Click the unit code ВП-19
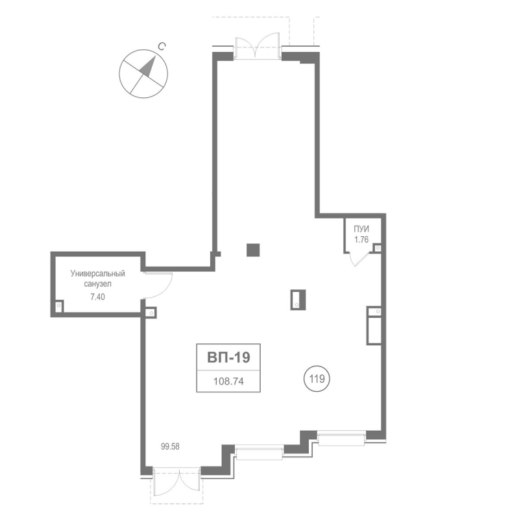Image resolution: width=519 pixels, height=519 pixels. click(228, 357)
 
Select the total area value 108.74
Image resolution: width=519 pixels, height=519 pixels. click(228, 381)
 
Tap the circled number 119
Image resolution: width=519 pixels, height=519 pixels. click(317, 379)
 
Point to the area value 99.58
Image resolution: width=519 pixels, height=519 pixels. click(170, 446)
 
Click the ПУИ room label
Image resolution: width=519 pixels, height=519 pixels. click(361, 229)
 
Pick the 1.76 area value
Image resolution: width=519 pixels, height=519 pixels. click(361, 239)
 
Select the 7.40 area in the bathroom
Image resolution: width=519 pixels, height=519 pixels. click(98, 297)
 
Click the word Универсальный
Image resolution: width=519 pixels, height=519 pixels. click(98, 274)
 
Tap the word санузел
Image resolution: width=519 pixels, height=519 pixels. click(98, 284)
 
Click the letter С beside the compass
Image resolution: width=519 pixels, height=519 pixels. click(162, 46)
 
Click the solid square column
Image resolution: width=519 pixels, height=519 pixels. click(253, 250)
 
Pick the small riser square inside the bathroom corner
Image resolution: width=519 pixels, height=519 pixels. click(58, 305)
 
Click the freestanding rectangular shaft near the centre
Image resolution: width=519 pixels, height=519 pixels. click(298, 300)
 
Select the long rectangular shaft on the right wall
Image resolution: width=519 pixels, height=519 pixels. click(374, 326)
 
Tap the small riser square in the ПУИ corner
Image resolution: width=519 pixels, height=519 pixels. click(378, 248)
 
